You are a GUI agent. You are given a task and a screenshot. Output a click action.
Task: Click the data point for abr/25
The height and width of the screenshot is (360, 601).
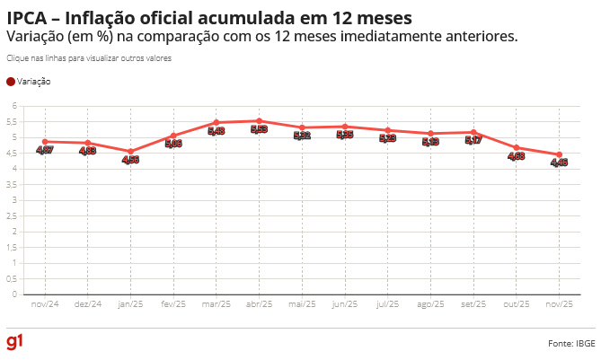259,120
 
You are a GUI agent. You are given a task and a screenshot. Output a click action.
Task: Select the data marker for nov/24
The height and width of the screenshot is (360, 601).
45,141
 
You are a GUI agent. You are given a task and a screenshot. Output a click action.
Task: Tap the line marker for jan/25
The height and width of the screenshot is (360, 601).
130,151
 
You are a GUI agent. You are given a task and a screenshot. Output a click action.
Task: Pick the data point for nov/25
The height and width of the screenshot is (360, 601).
559,154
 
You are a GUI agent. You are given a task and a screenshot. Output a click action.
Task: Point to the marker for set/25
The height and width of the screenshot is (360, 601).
473,132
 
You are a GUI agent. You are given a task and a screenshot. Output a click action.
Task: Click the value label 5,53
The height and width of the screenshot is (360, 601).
259,129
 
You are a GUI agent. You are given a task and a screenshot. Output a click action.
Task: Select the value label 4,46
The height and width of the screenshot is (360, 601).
559,162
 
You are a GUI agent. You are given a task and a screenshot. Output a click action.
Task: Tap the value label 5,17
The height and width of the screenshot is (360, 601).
473,140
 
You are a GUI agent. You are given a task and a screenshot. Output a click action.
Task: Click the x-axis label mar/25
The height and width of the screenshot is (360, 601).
216,304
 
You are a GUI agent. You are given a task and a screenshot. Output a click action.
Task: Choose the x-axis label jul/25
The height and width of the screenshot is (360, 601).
387,304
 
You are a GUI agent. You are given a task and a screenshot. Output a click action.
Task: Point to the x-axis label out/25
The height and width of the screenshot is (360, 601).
517,304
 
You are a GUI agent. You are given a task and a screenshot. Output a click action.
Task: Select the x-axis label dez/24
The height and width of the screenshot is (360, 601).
87,304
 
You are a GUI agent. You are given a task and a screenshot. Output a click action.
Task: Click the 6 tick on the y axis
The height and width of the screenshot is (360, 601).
14,106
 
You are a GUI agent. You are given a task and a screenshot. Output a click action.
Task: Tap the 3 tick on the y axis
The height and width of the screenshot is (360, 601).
14,200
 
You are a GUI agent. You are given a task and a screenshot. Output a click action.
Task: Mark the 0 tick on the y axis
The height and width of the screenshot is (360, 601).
14,294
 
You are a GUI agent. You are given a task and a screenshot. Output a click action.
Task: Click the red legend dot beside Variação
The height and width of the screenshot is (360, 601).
11,82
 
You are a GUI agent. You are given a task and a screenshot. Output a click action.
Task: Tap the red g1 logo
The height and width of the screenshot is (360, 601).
14,342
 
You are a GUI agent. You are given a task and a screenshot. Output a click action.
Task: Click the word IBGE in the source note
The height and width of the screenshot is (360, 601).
585,343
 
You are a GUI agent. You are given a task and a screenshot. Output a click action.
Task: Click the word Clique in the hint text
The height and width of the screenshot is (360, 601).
17,57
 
